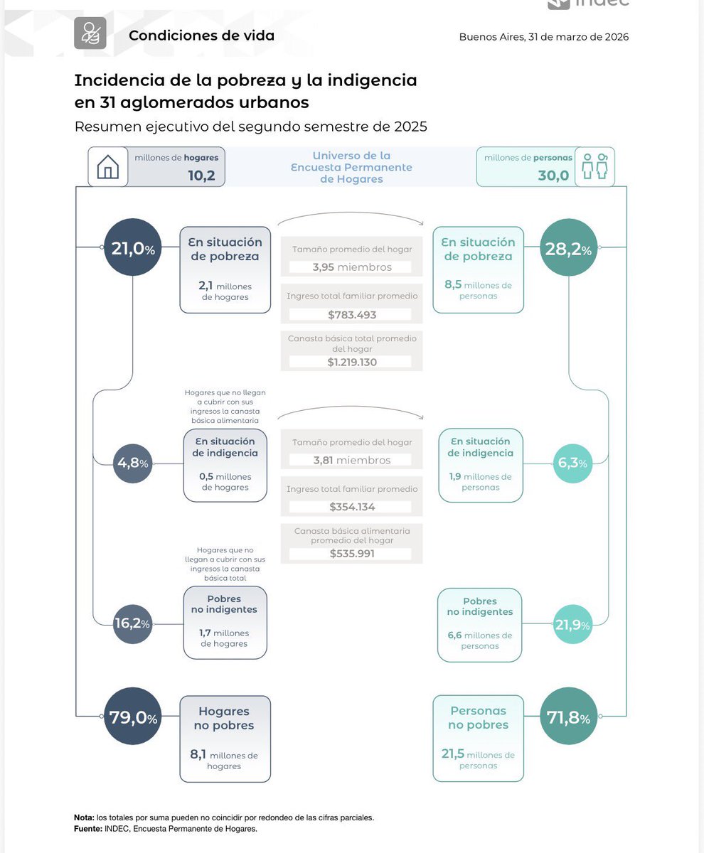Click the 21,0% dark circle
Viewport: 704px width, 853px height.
point(132,248)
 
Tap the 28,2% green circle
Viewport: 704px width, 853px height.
point(568,248)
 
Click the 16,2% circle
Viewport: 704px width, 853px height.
point(132,624)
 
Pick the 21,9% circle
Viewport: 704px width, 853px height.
point(572,625)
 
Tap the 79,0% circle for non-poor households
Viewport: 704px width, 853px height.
point(132,717)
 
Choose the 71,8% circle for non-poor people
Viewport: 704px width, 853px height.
point(568,718)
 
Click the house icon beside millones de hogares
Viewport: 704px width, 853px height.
point(108,167)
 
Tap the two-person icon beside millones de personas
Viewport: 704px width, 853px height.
point(594,167)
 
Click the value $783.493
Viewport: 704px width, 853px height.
point(352,314)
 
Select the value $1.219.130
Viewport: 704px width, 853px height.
point(352,362)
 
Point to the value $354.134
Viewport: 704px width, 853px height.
point(352,507)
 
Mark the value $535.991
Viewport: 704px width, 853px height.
point(352,554)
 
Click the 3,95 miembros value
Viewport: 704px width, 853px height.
point(352,267)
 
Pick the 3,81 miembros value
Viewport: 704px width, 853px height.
point(352,460)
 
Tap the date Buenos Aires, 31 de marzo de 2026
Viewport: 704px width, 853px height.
point(544,37)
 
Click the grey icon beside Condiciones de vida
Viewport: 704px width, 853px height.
point(90,33)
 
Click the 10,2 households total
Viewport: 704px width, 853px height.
point(201,176)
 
